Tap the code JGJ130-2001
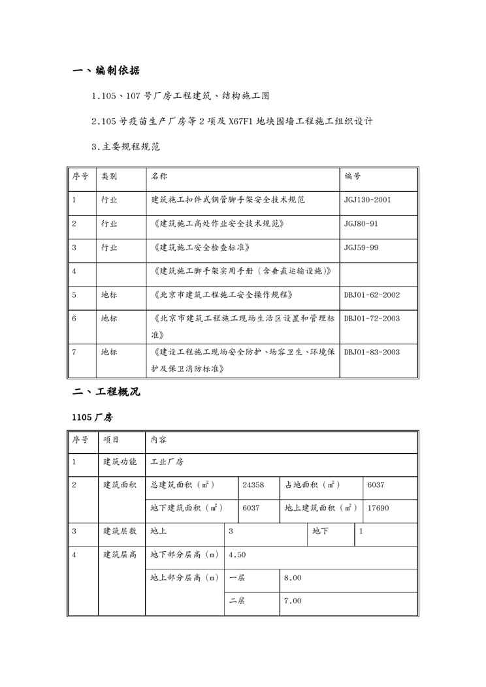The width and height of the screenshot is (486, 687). (x=368, y=200)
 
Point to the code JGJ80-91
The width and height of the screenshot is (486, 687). (x=361, y=224)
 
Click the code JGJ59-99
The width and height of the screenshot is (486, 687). (x=361, y=248)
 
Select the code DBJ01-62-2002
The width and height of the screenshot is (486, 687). (x=372, y=295)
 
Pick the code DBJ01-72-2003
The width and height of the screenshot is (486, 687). (x=372, y=319)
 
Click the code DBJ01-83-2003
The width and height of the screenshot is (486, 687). (x=372, y=352)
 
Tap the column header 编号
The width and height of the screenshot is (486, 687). (x=353, y=176)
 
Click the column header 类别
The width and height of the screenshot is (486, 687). (x=109, y=176)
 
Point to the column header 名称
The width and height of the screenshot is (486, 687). (x=159, y=176)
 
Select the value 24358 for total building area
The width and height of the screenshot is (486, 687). (x=253, y=485)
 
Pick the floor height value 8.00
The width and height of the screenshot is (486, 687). (x=292, y=578)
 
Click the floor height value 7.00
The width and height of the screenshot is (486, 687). (x=292, y=601)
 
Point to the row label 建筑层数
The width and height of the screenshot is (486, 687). (x=120, y=531)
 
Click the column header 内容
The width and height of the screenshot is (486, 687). (x=159, y=439)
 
